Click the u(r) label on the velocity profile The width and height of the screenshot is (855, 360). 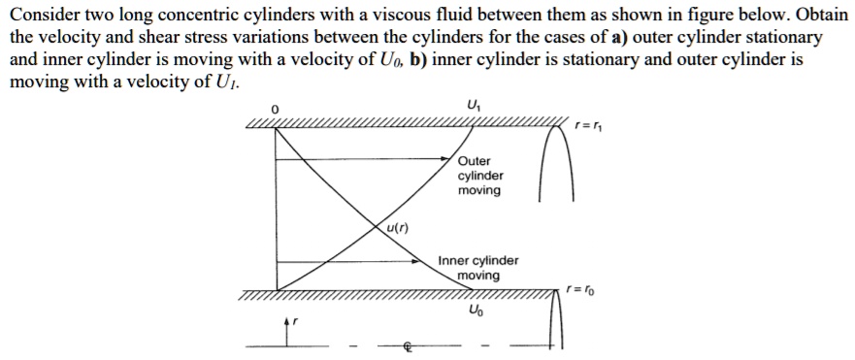397,229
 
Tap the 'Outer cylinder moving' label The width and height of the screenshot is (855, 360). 480,176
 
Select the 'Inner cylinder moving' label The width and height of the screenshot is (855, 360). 478,268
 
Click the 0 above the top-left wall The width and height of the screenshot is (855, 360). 275,110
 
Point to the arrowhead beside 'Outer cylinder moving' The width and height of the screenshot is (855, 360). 452,156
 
